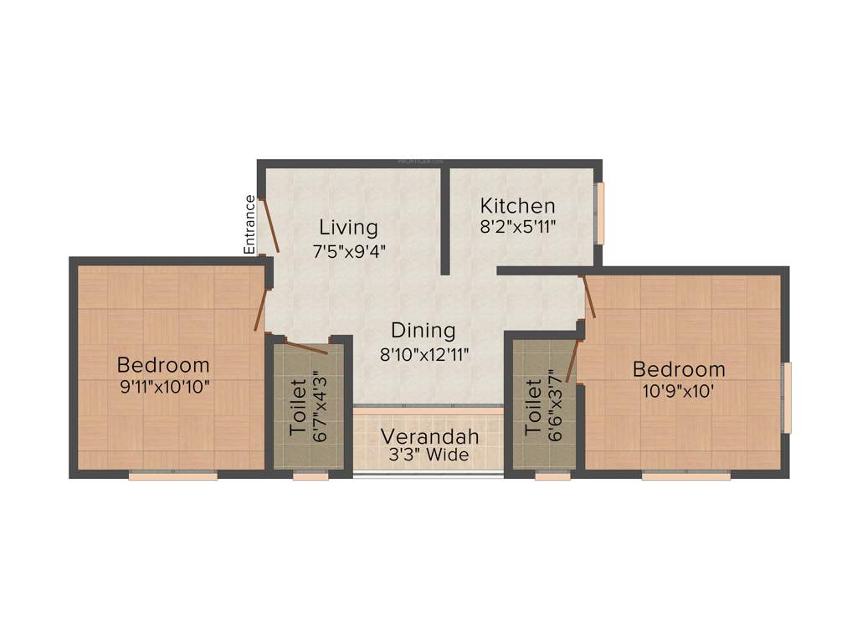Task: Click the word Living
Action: tap(348, 227)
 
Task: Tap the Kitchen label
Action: tap(517, 206)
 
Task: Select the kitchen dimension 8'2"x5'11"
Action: tap(517, 226)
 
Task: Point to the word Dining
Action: tap(423, 331)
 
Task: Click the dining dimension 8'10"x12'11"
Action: tap(423, 354)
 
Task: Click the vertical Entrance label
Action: tap(249, 224)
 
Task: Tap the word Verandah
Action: tap(430, 436)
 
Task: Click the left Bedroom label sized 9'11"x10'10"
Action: tap(163, 365)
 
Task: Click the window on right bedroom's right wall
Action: tap(786, 398)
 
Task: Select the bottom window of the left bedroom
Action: tap(173, 476)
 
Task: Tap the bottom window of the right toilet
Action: tap(552, 476)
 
